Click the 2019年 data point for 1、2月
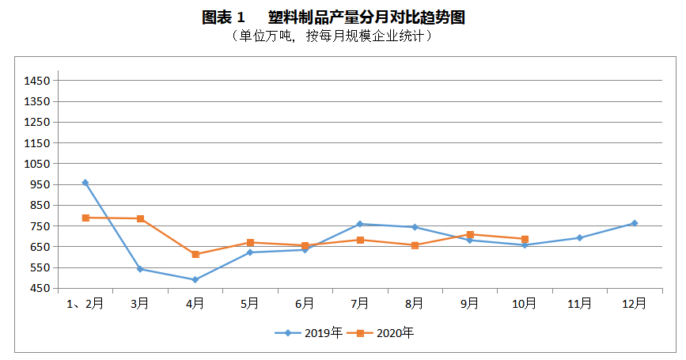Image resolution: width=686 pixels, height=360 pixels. [85, 183]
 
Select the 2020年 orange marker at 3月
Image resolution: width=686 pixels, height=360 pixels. [140, 218]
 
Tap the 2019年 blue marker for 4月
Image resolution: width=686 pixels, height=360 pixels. [195, 279]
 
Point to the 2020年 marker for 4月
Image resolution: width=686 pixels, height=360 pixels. [195, 254]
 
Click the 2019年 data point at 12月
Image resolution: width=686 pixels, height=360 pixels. [634, 223]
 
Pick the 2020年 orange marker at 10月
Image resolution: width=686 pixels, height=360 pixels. [525, 239]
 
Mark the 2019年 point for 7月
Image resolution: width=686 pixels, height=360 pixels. [360, 224]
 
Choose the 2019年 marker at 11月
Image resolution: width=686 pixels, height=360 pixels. [579, 237]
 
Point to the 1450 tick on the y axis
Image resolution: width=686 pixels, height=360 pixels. [37, 81]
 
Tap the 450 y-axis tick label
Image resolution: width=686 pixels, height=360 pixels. [40, 288]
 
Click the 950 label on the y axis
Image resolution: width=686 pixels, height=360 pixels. [40, 184]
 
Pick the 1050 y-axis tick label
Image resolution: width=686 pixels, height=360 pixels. [37, 164]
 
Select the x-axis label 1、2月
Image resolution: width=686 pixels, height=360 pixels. [85, 304]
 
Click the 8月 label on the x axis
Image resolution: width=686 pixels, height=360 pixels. [415, 304]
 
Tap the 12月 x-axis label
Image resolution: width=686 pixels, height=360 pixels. [634, 304]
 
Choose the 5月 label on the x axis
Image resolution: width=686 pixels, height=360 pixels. [250, 304]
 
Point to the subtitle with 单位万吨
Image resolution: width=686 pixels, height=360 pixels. [332, 36]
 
